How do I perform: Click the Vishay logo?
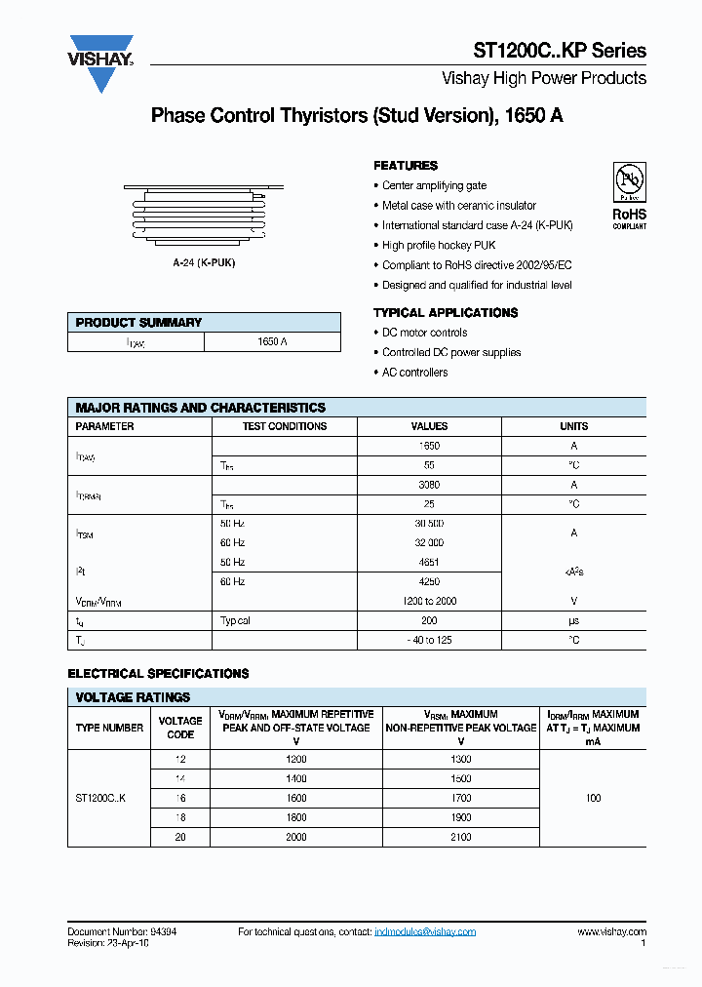coord(100,63)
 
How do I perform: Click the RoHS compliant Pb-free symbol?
coord(629,181)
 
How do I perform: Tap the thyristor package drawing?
coord(204,216)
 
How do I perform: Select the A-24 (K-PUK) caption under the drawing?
coord(204,263)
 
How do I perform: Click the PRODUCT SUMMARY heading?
coord(138,323)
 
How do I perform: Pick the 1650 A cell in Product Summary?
coord(272,342)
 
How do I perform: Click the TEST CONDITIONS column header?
coord(285,426)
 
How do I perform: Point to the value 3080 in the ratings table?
coord(429,485)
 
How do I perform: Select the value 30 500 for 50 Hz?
coord(429,524)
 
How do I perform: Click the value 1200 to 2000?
coord(429,602)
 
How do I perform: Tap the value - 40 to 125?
coord(429,641)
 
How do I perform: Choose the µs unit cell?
coord(573,621)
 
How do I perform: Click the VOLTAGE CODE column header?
coord(180,728)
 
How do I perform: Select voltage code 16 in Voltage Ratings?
coord(180,798)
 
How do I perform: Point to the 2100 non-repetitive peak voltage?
coord(461,837)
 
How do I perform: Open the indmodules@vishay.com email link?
coord(425,932)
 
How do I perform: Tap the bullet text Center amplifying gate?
coord(434,185)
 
